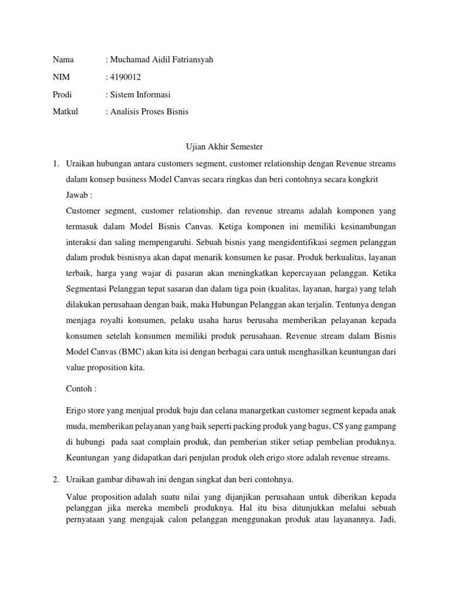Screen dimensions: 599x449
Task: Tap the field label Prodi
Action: point(62,94)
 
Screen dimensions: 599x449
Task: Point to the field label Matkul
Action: point(64,111)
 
